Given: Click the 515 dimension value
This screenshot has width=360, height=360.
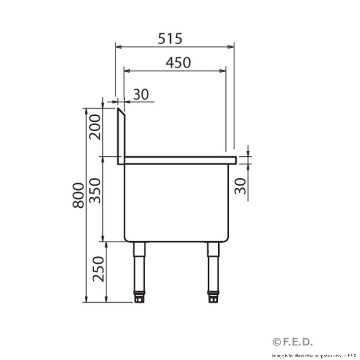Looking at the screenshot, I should (170, 39).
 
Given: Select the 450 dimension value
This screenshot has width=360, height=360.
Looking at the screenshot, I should (178, 63).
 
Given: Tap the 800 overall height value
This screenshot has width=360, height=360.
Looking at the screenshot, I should (78, 195).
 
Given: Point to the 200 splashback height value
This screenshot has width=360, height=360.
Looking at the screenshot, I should (95, 127).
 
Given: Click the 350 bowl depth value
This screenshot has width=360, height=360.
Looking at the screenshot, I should (95, 190).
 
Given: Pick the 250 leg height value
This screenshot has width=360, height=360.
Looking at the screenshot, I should (98, 269).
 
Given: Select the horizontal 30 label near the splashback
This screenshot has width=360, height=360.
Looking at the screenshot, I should (141, 94).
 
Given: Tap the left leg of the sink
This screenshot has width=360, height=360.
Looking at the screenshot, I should (139, 267).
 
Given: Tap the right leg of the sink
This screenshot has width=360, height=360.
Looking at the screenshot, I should (213, 267).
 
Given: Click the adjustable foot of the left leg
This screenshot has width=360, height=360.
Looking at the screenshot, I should (139, 297).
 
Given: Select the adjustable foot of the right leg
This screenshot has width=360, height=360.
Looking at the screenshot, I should (213, 297).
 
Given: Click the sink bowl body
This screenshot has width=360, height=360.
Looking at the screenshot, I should (176, 201).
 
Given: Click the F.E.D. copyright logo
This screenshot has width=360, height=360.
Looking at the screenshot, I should (293, 342).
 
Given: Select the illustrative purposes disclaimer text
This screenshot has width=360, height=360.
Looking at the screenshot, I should (314, 355).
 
